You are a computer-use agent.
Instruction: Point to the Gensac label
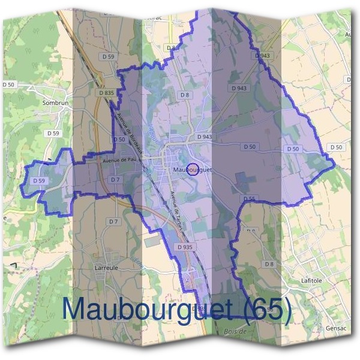[x=334, y=329]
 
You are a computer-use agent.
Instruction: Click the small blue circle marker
[x=193, y=170]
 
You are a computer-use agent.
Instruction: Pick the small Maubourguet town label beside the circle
[x=192, y=170]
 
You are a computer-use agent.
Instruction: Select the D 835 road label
[x=105, y=93]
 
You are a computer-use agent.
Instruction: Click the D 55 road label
[x=250, y=198]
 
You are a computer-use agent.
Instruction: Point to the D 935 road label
[x=184, y=247]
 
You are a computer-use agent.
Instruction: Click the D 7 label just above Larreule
[x=113, y=221]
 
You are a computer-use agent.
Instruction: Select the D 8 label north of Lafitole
[x=269, y=264]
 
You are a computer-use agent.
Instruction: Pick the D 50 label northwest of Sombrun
[x=8, y=85]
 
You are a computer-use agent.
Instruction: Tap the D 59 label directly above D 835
[x=109, y=56]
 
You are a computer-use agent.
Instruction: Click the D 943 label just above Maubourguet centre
[x=204, y=137]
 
